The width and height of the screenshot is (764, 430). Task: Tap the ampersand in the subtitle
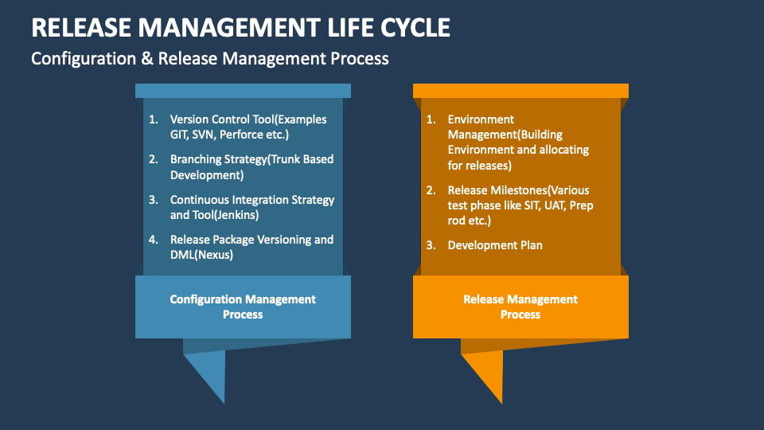[147, 58]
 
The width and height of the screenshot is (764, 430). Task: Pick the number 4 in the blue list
[152, 240]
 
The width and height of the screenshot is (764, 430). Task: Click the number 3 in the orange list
[430, 245]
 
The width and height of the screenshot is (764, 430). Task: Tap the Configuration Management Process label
[243, 307]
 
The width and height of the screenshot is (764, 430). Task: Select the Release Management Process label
[520, 307]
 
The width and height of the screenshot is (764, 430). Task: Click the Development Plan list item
[495, 245]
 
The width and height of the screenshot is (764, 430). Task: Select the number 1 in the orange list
[431, 119]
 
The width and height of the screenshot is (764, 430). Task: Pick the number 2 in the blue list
[152, 159]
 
